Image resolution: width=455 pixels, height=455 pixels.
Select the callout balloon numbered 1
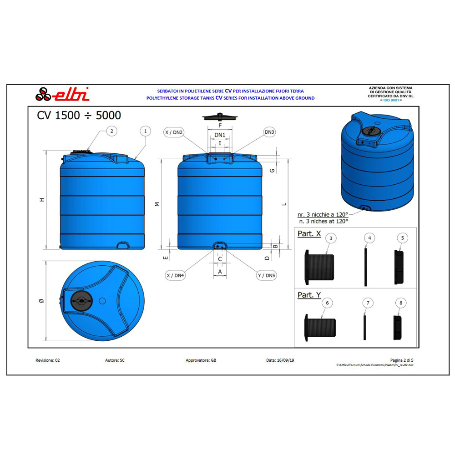pos(145,131)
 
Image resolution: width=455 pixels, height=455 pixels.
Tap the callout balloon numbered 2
pos(111,131)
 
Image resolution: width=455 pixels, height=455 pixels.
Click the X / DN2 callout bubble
pos(174,132)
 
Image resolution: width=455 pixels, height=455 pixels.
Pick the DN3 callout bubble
pos(270,132)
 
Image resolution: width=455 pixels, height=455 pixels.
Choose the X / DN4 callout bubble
pos(175,275)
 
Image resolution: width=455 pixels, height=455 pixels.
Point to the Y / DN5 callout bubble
pos(267,275)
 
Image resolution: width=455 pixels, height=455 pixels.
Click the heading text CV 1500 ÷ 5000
pos(79,116)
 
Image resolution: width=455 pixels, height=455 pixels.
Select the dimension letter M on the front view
pos(157,204)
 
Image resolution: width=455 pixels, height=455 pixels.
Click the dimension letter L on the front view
pos(284,204)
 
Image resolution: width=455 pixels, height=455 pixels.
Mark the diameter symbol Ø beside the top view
pos(41,301)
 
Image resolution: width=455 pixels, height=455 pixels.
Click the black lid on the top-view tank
pos(82,301)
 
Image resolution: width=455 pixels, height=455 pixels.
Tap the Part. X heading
pos(309,233)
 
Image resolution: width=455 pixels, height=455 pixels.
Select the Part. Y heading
pos(309,295)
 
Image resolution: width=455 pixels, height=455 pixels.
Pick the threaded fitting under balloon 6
pos(321,326)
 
